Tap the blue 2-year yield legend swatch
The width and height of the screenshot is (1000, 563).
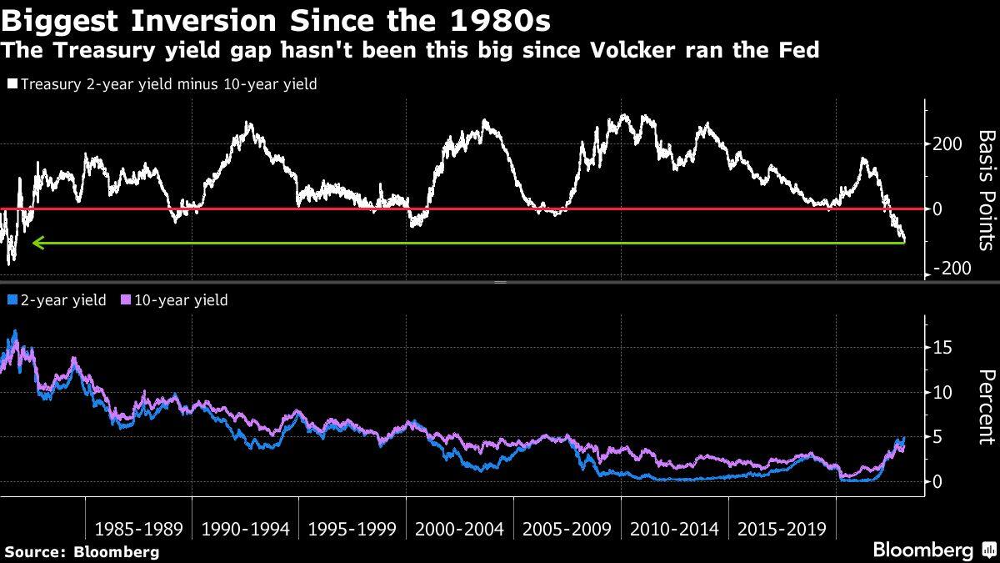tap(11, 300)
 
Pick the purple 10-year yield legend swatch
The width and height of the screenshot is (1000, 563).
tap(126, 300)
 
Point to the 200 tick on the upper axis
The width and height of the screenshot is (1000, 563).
tap(949, 144)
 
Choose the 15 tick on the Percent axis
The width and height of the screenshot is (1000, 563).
tap(942, 348)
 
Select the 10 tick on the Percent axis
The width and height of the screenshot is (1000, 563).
tap(942, 392)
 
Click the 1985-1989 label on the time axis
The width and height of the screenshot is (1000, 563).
tap(137, 529)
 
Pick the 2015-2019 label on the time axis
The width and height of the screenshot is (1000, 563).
tap(781, 529)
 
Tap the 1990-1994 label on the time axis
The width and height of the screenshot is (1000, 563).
tap(245, 529)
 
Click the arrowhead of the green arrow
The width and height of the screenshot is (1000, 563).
tap(36, 244)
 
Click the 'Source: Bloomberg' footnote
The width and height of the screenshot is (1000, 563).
tap(81, 551)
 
